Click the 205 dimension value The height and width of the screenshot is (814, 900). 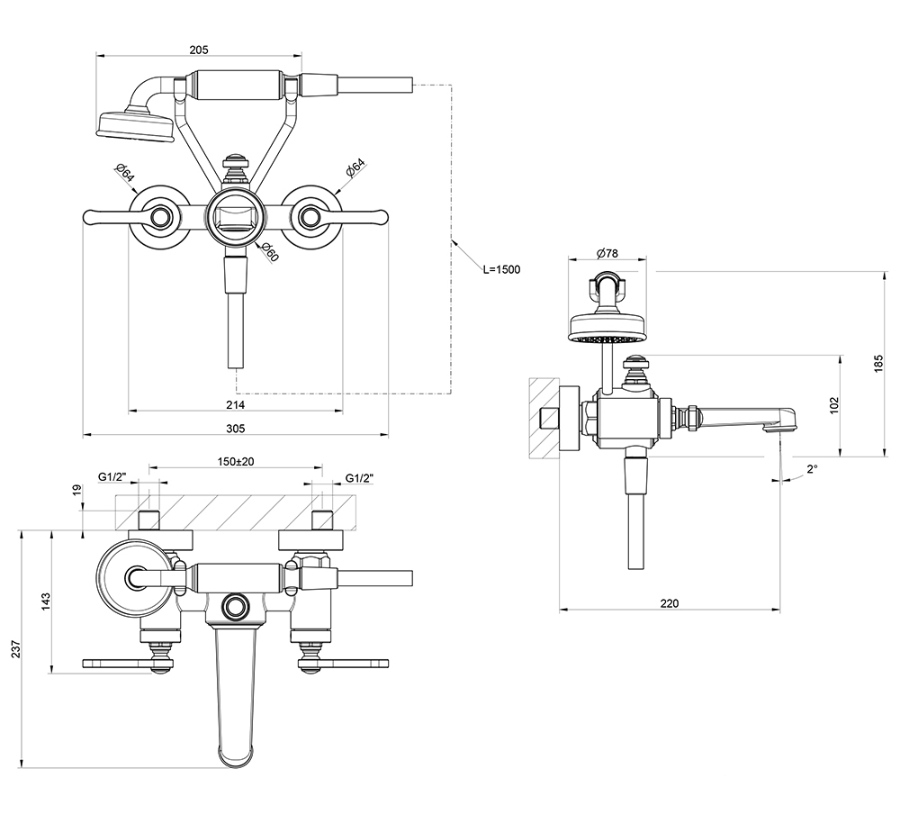pos(199,50)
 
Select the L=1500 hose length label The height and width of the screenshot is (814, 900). pos(501,269)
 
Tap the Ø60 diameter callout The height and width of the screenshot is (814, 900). pos(269,252)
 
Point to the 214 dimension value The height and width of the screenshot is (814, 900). pos(235,405)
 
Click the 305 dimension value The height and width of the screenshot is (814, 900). pos(235,429)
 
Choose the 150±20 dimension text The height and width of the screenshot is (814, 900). pos(236,461)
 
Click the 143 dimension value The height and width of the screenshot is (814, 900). pos(47,601)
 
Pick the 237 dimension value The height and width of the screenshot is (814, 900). pos(16,649)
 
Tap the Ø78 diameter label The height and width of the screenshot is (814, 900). pos(607,253)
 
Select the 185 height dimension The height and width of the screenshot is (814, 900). pos(879,364)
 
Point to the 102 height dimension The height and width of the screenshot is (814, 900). pos(835,405)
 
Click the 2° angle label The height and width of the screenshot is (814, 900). pos(812,469)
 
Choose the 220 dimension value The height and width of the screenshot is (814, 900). pos(670,603)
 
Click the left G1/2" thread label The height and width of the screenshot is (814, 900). pos(112,477)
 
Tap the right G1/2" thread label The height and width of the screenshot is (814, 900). pos(360,477)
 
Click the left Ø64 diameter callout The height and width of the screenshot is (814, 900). pos(124,173)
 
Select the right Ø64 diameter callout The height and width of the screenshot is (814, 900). pos(355,169)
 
